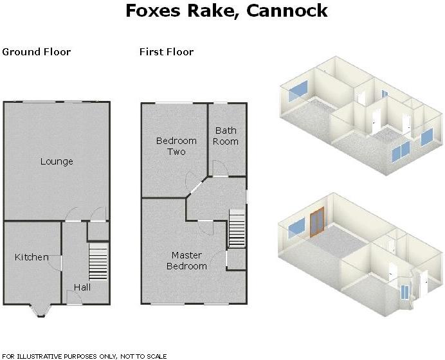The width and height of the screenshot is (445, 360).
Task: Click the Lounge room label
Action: [x=57, y=161]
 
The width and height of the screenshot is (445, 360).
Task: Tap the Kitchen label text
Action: [x=32, y=257]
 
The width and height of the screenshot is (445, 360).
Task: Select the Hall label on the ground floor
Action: [x=82, y=287]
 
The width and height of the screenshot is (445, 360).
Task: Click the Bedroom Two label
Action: [x=176, y=146]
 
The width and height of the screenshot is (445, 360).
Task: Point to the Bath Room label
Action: [x=226, y=136]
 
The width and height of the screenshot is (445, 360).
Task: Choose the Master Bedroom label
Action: [x=186, y=261]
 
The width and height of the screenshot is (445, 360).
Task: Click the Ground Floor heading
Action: [x=36, y=52]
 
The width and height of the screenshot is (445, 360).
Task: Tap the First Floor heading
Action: [x=167, y=52]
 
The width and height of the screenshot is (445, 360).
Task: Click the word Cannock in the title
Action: [x=287, y=11]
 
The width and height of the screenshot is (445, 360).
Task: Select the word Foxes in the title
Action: [x=153, y=11]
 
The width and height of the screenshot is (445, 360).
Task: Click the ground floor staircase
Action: [x=98, y=262]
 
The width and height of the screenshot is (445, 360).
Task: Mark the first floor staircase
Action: [x=237, y=228]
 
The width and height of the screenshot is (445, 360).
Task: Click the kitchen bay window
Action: [x=41, y=311]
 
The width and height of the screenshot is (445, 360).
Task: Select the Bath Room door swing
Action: [x=221, y=168]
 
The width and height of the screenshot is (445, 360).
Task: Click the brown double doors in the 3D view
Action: [x=317, y=222]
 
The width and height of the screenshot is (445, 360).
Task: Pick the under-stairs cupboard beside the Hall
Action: [x=98, y=231]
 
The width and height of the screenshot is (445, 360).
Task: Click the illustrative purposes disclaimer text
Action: [x=84, y=356]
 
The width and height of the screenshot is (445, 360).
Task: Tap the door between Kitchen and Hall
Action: [x=55, y=263]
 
